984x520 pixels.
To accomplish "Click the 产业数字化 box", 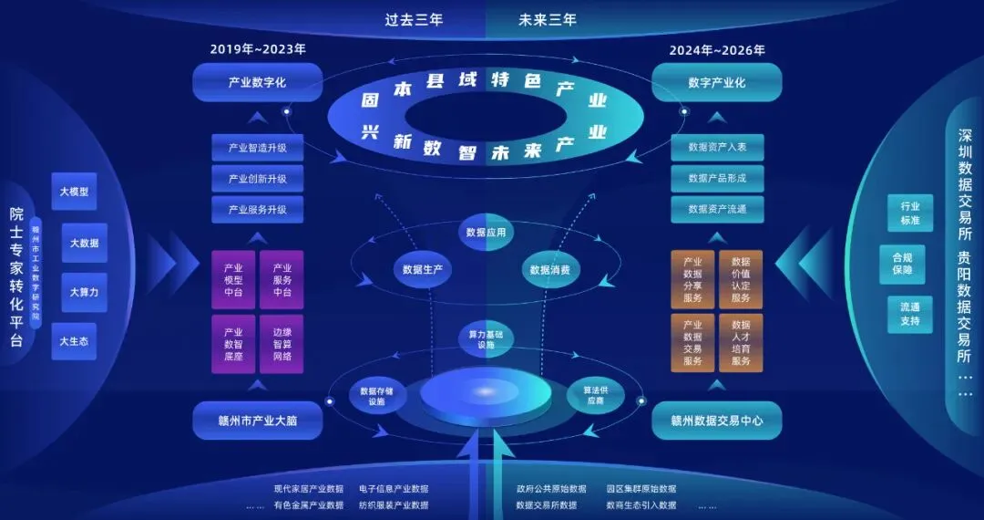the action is tap(257, 82).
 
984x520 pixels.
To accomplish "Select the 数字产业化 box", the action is tap(717, 82).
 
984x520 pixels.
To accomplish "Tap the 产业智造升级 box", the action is tap(257, 148).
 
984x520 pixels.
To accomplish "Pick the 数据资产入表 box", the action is tap(717, 148).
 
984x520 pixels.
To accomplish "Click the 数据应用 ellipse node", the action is tap(486, 233).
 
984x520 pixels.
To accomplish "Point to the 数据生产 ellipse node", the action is tap(423, 269).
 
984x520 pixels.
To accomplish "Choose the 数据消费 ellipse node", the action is tap(549, 269).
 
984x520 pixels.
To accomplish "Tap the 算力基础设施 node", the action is tap(485, 339).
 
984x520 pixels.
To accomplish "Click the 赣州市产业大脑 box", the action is tap(257, 421).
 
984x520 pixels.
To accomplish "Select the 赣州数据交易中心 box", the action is tap(717, 421).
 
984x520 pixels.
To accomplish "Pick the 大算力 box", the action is tap(84, 292).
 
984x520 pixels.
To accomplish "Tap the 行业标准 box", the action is tap(909, 213).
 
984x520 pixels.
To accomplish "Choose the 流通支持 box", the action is tap(909, 314).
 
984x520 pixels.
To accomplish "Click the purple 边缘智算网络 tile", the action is tap(282, 344).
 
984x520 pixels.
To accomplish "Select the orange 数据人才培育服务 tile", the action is tap(741, 343).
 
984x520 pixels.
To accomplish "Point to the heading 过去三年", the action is tap(413, 20).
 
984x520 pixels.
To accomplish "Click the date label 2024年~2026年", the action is tap(717, 50).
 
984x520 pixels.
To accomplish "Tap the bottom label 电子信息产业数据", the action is tap(394, 489).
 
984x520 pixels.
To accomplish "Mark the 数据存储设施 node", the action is tap(371, 395).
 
